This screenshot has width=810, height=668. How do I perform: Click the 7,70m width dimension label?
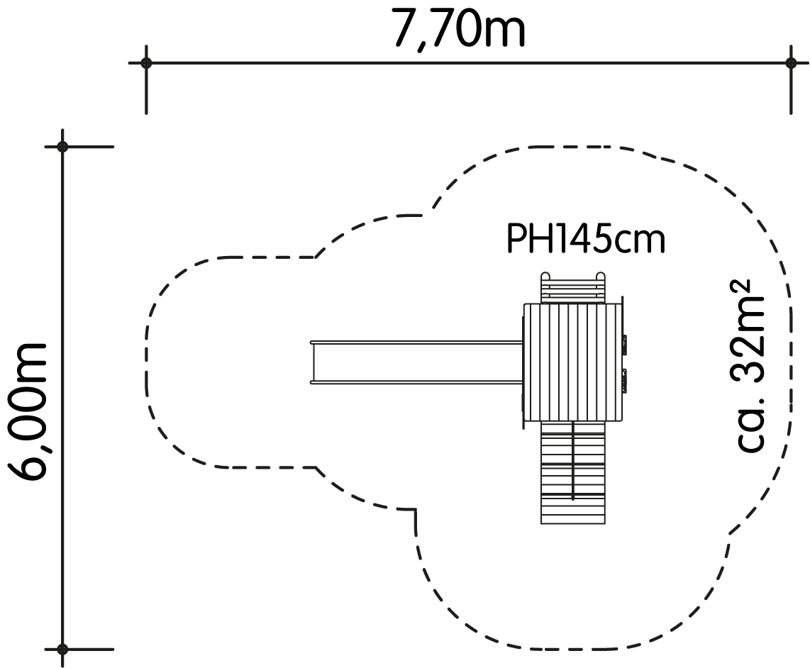click(459, 29)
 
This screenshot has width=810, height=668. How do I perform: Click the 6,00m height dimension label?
click(28, 411)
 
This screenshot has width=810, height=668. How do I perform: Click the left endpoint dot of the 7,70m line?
click(147, 63)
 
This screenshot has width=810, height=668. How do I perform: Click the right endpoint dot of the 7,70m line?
click(791, 63)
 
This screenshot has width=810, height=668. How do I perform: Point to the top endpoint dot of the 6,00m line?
click(62, 147)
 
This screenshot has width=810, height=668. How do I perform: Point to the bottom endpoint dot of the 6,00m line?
click(62, 649)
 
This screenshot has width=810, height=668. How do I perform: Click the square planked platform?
click(572, 362)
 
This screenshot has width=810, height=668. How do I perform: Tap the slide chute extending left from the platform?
click(416, 362)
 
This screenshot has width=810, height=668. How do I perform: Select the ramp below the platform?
click(573, 473)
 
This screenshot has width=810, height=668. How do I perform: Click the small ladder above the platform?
click(573, 288)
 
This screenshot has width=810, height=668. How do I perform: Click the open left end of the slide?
click(312, 362)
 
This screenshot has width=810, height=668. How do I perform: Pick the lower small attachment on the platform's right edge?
click(625, 379)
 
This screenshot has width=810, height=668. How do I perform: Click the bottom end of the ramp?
click(573, 523)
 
